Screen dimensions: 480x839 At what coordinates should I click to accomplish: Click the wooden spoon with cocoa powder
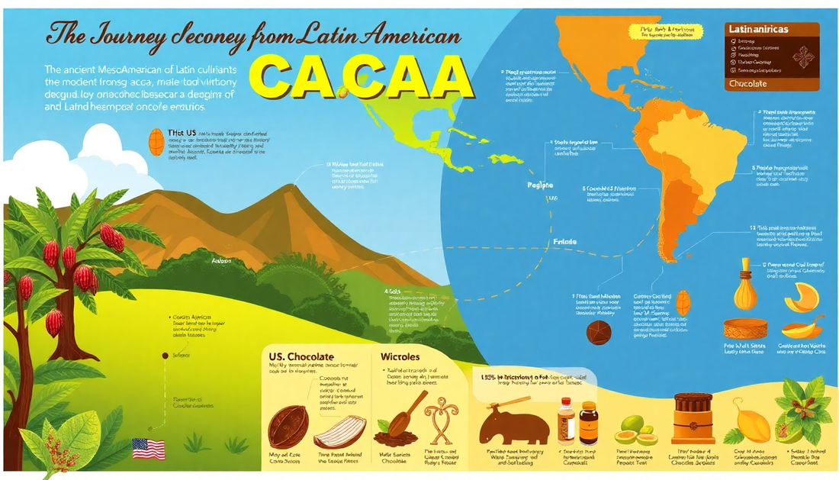(399, 424)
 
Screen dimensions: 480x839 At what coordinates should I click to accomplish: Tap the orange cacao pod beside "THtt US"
(156, 141)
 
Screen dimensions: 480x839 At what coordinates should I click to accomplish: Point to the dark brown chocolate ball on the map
(598, 332)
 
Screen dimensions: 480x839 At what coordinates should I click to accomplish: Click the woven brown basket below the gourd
(745, 329)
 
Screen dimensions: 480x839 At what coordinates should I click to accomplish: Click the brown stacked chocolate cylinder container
(693, 417)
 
